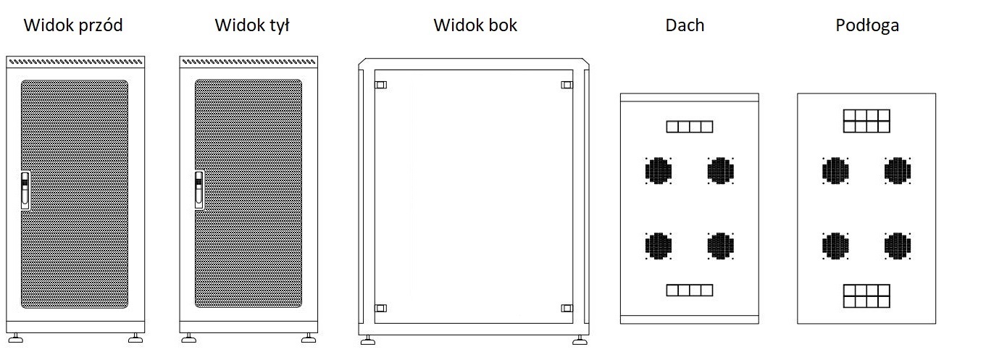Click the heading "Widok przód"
[x=73, y=25]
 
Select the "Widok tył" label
[x=252, y=25]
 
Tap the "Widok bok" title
[x=475, y=25]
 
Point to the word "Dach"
[x=685, y=25]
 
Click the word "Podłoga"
[x=867, y=25]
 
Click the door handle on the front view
[x=25, y=190]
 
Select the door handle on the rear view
[x=199, y=190]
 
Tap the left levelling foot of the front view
[x=16, y=338]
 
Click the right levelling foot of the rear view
[x=309, y=338]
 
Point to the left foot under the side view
[x=368, y=340]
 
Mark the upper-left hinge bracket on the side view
[x=381, y=85]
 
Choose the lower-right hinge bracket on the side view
[x=567, y=308]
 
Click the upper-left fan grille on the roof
[x=659, y=171]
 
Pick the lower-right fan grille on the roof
[x=721, y=246]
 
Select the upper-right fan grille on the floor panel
[x=898, y=171]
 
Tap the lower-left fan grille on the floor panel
[x=835, y=246]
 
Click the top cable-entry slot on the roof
[x=689, y=127]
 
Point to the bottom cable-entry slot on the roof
[x=689, y=290]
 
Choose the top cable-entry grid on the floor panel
[x=866, y=121]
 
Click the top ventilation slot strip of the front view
[x=75, y=62]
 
